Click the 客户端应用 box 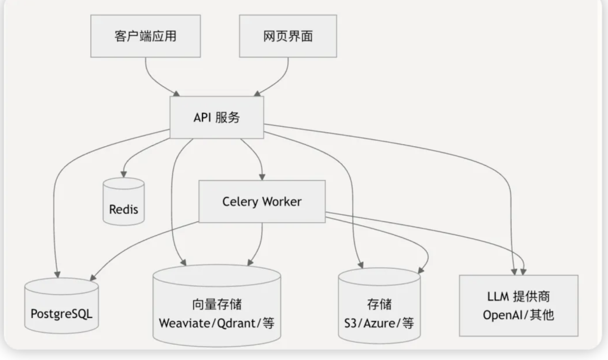tap(145, 36)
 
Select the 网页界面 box tap(288, 36)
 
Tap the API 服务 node tap(217, 117)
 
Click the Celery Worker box tap(262, 201)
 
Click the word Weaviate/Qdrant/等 tap(217, 323)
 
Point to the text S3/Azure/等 tap(379, 323)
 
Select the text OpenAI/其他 tap(518, 314)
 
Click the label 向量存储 tap(217, 304)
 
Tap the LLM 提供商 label tap(518, 296)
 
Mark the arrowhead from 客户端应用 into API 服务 tap(177, 92)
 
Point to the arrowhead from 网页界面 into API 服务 tap(257, 92)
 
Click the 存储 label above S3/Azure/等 tap(379, 304)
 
